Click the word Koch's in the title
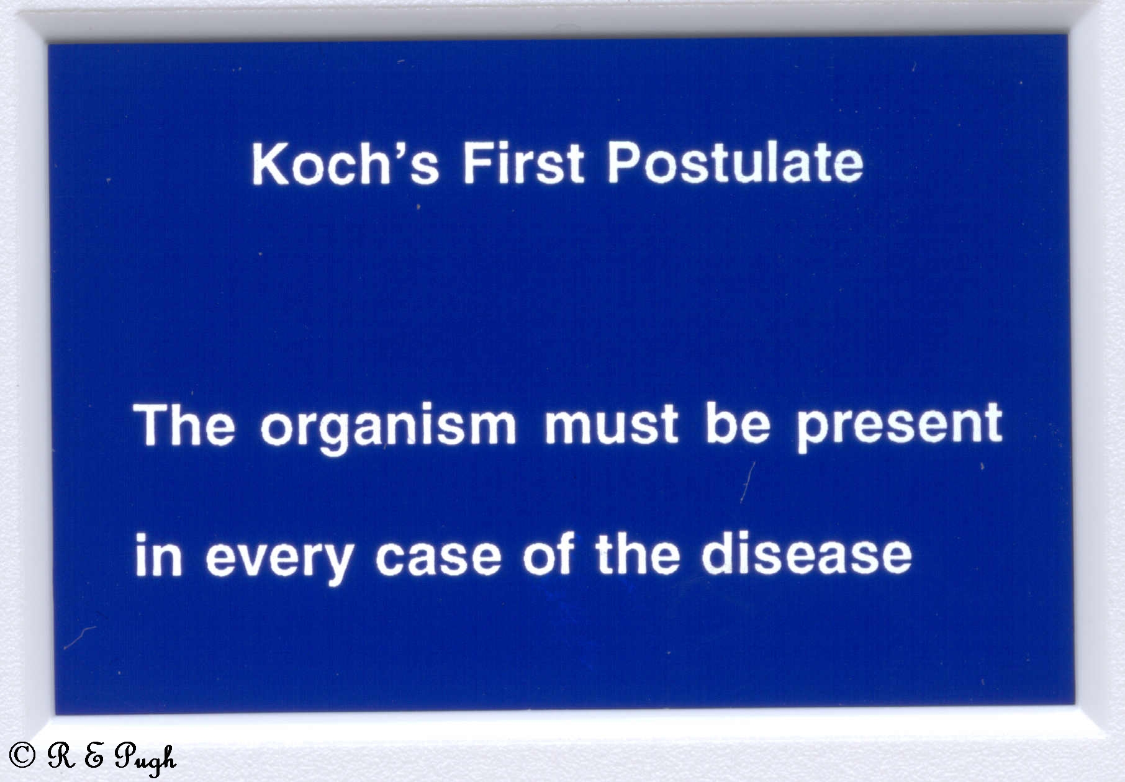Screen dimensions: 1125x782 coord(345,163)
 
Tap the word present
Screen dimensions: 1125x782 coord(900,427)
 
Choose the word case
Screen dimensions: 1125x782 coord(438,557)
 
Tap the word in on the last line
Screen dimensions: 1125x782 coord(159,555)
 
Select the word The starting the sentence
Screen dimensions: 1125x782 coord(184,425)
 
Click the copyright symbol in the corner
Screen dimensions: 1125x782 coord(22,755)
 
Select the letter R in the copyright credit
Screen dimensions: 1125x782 coord(61,755)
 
